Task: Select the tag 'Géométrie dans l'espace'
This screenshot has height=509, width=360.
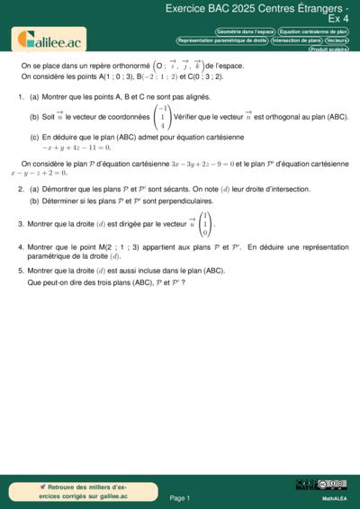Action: point(245,31)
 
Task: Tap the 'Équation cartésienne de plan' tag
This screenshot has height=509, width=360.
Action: point(313,31)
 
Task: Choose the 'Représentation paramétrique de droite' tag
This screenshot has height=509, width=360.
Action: point(222,40)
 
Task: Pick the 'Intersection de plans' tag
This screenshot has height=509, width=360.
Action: point(297,40)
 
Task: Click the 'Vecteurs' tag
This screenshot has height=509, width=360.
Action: point(337,40)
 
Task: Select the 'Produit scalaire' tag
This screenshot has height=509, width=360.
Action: point(328,49)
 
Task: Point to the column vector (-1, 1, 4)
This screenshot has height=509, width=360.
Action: point(162,117)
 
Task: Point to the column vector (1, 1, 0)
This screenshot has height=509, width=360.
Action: point(203,224)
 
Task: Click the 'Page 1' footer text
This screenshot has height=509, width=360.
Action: point(179,497)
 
